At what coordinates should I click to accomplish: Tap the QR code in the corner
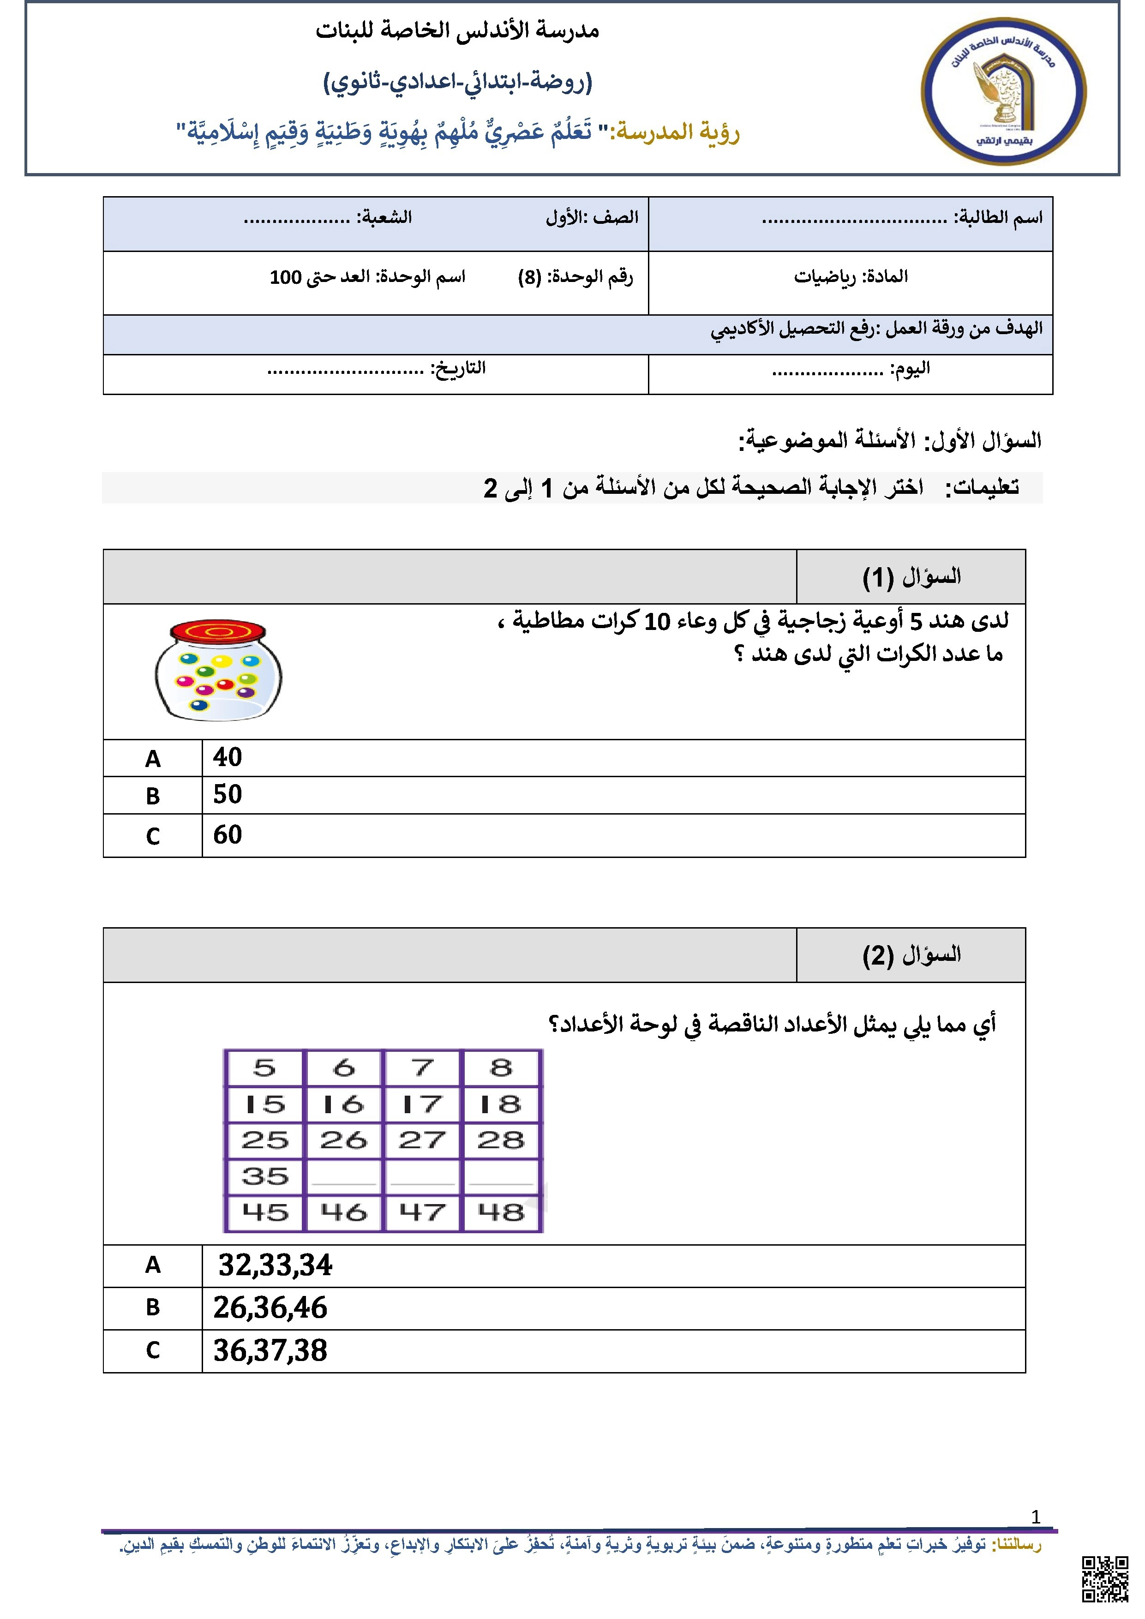tap(1105, 1579)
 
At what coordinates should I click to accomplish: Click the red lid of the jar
tap(218, 630)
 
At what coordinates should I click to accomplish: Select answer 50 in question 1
tap(228, 795)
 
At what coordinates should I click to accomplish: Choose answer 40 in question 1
tap(228, 757)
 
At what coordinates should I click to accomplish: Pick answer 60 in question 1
tap(228, 835)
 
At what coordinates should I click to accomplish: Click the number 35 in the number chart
tap(265, 1176)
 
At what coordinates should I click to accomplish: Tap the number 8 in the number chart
tap(501, 1067)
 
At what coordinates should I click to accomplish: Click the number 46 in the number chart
tap(343, 1212)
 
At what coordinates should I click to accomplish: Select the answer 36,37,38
tap(271, 1350)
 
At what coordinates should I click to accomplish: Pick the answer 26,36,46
tap(271, 1308)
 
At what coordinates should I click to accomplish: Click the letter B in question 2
tap(153, 1307)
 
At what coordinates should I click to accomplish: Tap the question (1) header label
tap(911, 577)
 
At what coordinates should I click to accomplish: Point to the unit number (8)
tap(529, 277)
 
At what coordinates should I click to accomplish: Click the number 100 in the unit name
tap(286, 277)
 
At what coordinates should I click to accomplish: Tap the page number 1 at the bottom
tap(1035, 1517)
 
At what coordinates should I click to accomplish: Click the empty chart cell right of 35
tap(343, 1176)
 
